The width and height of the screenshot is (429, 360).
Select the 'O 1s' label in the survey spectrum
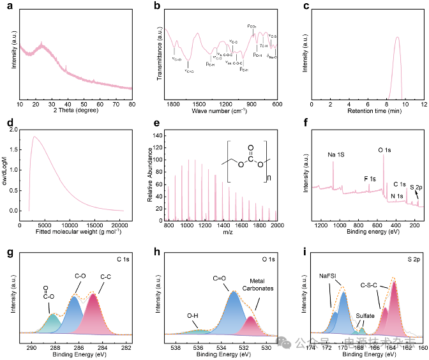click(384, 150)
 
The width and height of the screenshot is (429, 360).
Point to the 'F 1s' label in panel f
click(369, 179)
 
